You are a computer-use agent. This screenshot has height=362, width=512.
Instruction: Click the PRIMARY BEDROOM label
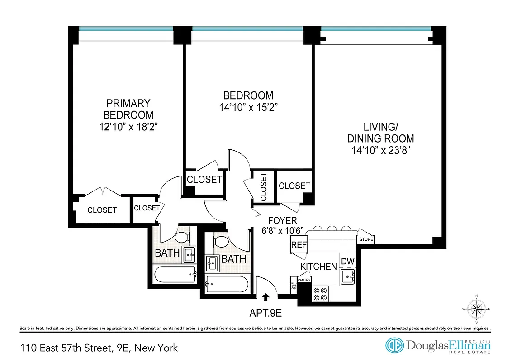pos(128,109)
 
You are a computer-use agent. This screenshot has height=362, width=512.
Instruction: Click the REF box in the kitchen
pos(299,245)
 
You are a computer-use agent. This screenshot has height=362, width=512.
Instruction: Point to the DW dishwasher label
pos(347,261)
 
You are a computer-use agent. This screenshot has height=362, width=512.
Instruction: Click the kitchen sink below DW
pos(349,276)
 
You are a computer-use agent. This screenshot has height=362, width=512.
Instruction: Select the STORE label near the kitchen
pos(366,239)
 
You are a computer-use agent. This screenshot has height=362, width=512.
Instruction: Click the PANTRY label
pos(304,280)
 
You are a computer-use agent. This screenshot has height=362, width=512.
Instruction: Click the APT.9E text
pos(266,312)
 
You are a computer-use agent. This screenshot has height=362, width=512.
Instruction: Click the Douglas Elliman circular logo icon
pos(394,346)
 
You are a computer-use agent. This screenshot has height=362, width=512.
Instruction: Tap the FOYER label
pos(282,220)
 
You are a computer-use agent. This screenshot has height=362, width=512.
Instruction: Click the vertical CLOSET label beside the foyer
pos(263,187)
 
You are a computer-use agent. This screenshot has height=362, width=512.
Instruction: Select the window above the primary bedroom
pos(126,29)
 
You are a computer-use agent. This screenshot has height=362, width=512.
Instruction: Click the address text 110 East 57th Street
pos(99,348)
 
